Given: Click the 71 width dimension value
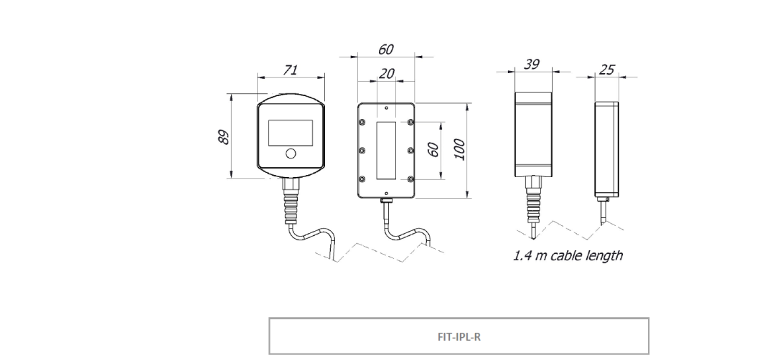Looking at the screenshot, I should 291,70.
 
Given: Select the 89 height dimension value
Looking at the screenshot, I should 224,137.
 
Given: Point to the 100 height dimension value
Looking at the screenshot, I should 459,149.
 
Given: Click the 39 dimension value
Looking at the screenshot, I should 532,65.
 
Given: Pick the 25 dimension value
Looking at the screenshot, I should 606,69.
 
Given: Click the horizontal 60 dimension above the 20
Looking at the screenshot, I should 385,49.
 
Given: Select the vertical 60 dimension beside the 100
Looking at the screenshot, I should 433,149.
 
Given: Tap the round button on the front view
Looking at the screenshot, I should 291,153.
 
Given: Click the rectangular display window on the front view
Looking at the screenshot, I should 291,133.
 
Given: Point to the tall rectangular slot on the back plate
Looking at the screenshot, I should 386,149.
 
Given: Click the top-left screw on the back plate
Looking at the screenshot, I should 362,122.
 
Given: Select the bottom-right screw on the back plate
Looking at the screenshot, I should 410,178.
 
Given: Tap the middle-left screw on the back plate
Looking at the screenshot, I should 362,150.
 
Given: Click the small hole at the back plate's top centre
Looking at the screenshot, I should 386,108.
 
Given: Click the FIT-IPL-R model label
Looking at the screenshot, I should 459,336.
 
